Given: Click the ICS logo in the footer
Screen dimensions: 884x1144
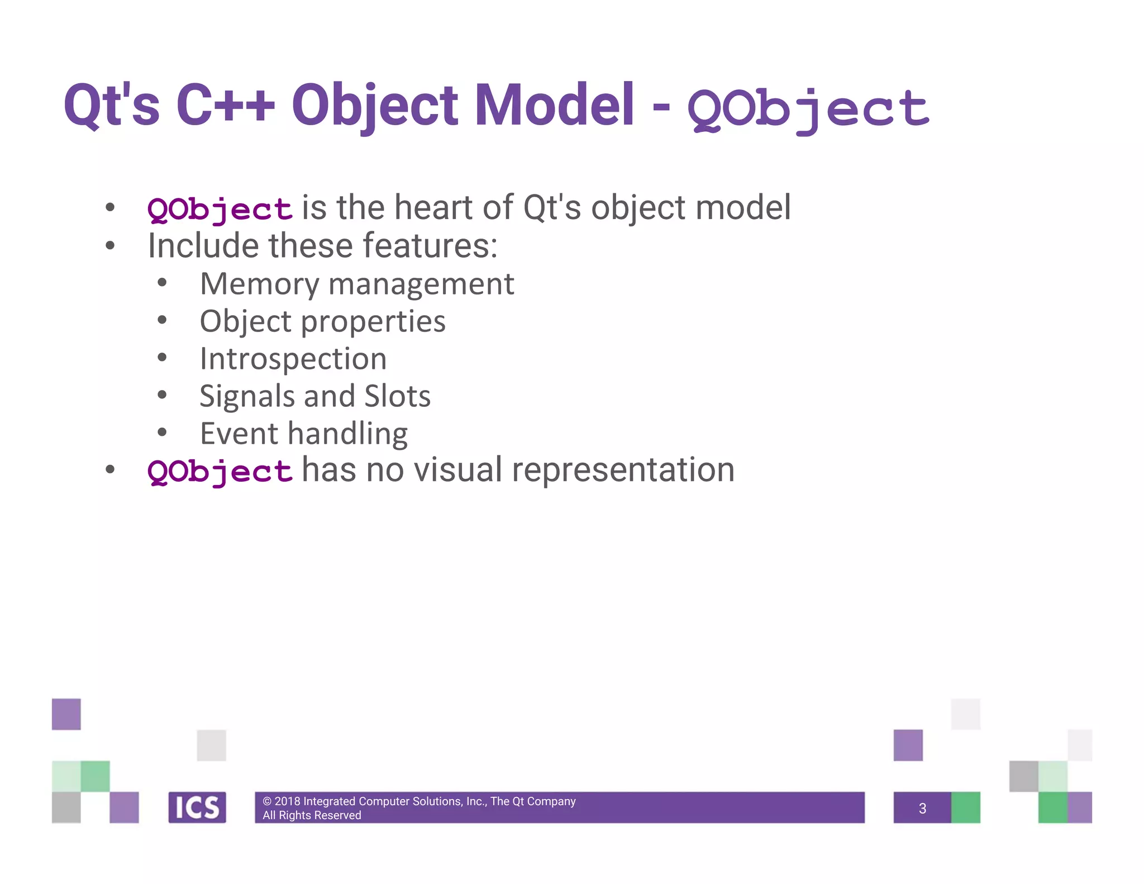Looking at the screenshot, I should tap(197, 807).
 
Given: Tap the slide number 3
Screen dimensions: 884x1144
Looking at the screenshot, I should tap(922, 808).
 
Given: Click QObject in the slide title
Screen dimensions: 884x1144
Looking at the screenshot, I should tap(808, 109).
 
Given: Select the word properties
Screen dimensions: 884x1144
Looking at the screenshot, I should tap(373, 322).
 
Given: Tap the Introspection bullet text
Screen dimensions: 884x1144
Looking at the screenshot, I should tap(293, 359).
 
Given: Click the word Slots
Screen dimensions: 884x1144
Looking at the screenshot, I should tap(397, 396).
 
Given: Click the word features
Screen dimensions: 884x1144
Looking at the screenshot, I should tap(430, 246).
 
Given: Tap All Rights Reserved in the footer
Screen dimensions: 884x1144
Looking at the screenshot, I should tap(312, 815).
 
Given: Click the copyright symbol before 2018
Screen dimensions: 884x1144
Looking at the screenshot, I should tap(267, 801).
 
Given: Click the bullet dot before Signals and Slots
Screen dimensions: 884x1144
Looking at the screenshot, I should tap(162, 395).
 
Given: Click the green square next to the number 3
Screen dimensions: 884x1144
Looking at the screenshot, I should tap(965, 807).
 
